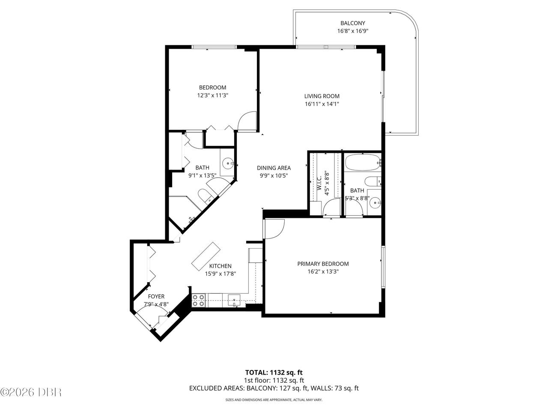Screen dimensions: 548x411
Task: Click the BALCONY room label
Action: click(353, 23)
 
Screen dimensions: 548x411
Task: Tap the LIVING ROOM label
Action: click(322, 96)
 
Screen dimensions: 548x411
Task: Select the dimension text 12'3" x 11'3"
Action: click(213, 95)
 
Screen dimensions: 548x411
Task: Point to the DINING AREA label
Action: click(274, 168)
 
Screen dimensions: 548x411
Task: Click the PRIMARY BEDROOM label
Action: click(323, 264)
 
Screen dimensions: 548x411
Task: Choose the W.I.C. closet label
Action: click(319, 184)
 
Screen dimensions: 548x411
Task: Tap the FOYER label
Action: click(156, 296)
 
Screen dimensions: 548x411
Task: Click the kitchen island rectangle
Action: click(206, 256)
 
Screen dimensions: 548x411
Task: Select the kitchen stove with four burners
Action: click(199, 301)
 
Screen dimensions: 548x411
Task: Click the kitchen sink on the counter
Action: click(234, 301)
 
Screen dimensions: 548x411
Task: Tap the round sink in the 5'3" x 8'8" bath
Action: click(375, 203)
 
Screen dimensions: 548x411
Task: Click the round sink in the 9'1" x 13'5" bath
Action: click(228, 164)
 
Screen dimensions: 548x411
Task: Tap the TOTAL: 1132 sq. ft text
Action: click(274, 372)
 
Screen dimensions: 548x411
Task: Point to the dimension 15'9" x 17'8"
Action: click(220, 274)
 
